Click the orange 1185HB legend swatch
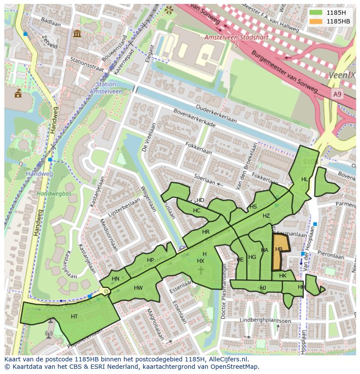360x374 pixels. [316, 21]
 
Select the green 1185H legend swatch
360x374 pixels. [316, 13]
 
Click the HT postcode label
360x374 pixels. [74, 317]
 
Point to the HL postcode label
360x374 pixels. [304, 179]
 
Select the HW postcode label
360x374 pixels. [138, 288]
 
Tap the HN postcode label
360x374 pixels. [115, 279]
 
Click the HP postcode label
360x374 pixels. [150, 260]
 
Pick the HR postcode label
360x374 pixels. [206, 232]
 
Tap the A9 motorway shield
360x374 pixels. [337, 94]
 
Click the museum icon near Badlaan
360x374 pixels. [77, 33]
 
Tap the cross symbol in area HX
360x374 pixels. [201, 270]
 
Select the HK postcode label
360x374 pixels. [283, 276]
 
